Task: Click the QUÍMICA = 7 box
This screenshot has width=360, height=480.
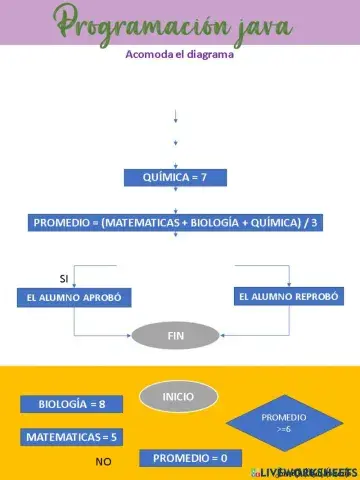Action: coord(175,177)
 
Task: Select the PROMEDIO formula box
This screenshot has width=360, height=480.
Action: coord(175,222)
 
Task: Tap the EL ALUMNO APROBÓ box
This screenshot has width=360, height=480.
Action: coord(74,297)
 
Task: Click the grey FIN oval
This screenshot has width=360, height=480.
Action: coord(175,334)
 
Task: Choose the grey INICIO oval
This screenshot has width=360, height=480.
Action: coord(179,397)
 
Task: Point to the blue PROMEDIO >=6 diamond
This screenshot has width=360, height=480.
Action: coord(283,421)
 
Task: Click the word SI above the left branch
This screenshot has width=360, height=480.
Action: coord(64,277)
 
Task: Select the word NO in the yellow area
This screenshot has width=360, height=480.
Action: coord(103,462)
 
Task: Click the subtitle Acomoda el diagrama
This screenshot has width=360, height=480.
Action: coord(179,55)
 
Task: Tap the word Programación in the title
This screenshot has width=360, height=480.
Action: coord(120,22)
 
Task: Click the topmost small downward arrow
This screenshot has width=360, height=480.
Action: coord(176,115)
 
